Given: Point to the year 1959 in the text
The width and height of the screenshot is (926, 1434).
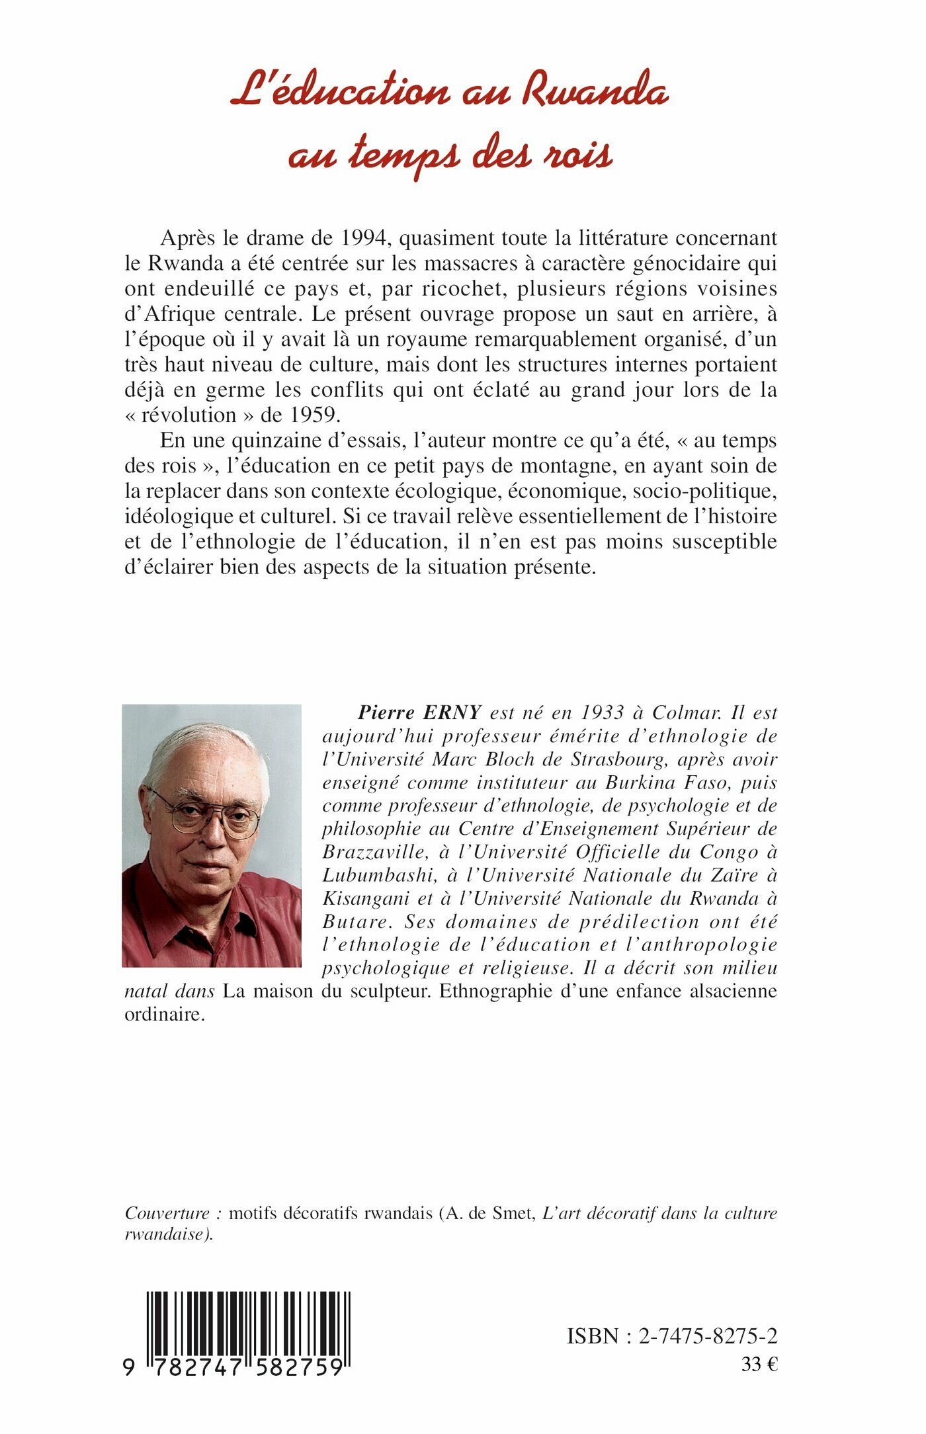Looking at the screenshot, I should point(315,415).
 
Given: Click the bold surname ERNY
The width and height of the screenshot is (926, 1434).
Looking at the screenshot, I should point(462,713).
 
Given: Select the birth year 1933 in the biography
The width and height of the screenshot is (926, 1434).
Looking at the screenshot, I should point(602,713).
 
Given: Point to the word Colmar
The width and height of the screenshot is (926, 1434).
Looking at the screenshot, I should point(687,713).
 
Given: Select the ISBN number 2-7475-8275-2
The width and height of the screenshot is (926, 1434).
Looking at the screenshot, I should point(708,1337).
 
